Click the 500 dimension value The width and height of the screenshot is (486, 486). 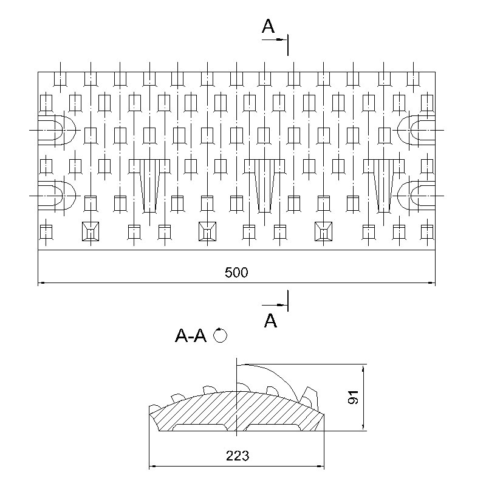tap(236, 272)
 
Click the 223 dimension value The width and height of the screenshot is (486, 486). tap(238, 456)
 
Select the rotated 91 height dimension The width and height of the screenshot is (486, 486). tap(353, 397)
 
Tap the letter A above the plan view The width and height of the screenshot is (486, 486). tap(268, 26)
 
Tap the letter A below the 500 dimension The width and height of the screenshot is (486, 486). tap(270, 321)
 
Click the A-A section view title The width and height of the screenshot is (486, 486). tap(191, 335)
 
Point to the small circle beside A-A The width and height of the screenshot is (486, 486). tap(221, 336)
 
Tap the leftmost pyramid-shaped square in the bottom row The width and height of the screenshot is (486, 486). tap(91, 231)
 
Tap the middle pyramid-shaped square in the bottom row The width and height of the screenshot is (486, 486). tap(207, 231)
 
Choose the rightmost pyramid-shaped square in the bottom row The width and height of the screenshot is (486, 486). tap(323, 231)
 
